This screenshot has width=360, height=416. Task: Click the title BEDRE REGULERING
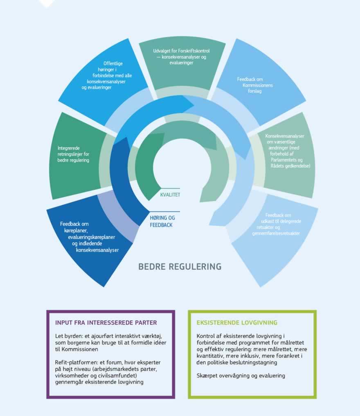pos(180,267)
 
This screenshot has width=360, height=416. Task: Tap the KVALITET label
pos(170,195)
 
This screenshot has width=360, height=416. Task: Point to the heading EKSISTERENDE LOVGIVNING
pos(237,322)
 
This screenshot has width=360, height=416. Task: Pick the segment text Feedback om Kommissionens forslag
pos(255,85)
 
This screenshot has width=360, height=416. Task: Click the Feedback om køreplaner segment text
pos(89,237)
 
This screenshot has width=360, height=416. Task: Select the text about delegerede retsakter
pos(283,224)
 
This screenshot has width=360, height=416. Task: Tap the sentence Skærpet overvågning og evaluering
pos(241,376)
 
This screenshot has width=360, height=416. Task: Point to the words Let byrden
pos(65,336)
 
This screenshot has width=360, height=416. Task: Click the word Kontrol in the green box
pos(207,336)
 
